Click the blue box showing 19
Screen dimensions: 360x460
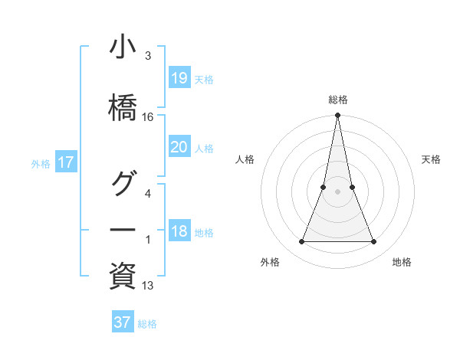[179, 78]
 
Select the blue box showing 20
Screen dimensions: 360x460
[179, 147]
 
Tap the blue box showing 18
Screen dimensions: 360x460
[179, 232]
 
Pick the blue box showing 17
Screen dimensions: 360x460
[65, 162]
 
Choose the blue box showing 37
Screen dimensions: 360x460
[122, 322]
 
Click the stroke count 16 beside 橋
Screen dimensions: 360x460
[148, 117]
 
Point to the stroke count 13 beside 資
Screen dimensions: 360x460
[148, 286]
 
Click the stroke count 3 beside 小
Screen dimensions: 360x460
[148, 57]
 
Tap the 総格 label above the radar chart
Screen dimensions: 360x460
[337, 100]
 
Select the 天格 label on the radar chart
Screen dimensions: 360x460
[432, 159]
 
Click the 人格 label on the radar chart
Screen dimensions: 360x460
[245, 159]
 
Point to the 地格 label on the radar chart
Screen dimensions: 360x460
[402, 262]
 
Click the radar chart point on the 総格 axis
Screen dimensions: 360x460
[337, 116]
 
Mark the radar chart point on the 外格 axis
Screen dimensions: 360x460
[301, 242]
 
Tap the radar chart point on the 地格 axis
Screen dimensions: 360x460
[373, 242]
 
